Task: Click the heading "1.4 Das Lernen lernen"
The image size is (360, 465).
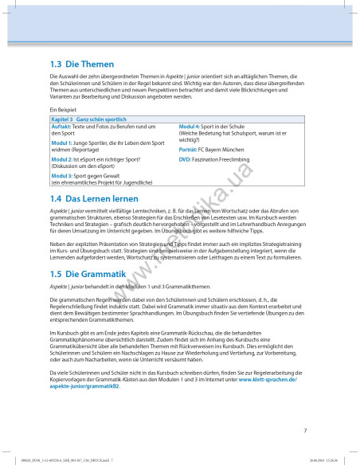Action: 94,198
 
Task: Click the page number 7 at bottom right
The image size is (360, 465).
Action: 305,431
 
